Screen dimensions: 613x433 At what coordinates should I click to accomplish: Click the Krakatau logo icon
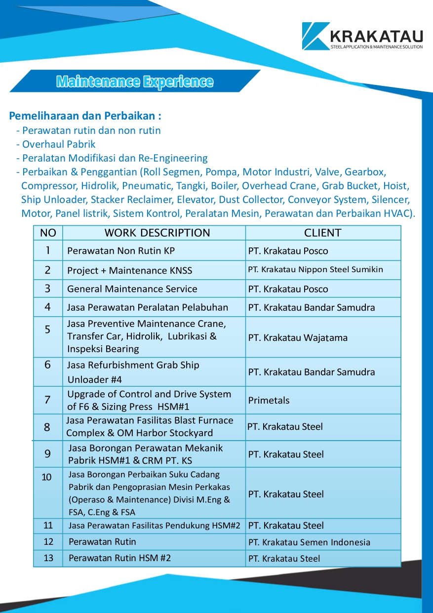[315, 36]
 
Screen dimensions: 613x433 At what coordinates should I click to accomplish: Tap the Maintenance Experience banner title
[135, 82]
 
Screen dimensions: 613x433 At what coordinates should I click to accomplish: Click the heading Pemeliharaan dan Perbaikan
[85, 117]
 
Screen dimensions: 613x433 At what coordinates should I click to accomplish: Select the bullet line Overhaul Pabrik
[59, 144]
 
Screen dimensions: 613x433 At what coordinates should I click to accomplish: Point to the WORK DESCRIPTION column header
[157, 233]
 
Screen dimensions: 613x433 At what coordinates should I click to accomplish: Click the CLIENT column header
[322, 233]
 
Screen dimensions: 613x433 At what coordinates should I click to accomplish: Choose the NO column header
[48, 233]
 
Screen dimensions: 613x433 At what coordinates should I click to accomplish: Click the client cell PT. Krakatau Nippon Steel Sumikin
[315, 270]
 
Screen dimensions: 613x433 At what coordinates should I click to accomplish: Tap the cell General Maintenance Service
[132, 289]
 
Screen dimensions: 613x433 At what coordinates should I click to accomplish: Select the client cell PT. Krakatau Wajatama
[298, 338]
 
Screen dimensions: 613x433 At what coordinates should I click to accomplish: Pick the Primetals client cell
[269, 400]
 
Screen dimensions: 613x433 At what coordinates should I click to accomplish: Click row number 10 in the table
[47, 477]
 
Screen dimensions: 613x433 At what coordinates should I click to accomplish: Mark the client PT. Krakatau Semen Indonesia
[309, 542]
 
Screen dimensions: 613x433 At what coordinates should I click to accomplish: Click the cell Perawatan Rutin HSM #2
[119, 558]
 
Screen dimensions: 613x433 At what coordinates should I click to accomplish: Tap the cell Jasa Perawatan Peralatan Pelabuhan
[148, 307]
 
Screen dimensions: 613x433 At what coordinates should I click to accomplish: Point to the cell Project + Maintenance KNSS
[129, 270]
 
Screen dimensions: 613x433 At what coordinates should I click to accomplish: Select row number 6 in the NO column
[47, 365]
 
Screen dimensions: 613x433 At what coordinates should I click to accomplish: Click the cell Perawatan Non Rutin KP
[121, 251]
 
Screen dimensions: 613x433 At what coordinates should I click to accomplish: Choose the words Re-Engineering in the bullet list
[178, 158]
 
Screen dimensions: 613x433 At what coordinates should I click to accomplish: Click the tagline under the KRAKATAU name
[376, 47]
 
